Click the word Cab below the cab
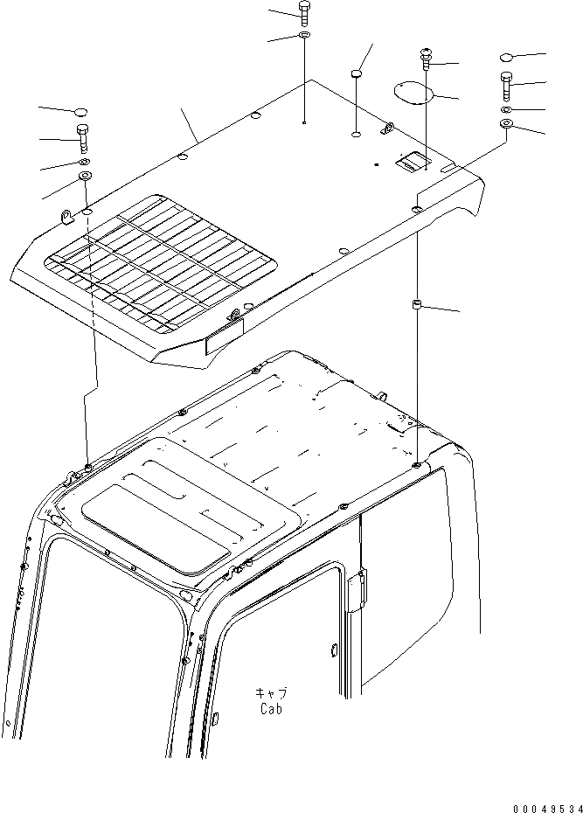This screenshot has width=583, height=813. coord(270,710)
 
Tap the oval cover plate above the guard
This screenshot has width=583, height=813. coord(411,91)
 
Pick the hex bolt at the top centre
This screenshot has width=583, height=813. coord(304,12)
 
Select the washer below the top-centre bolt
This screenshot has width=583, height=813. coord(304,35)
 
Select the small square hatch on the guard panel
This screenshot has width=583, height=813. coord(409,161)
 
